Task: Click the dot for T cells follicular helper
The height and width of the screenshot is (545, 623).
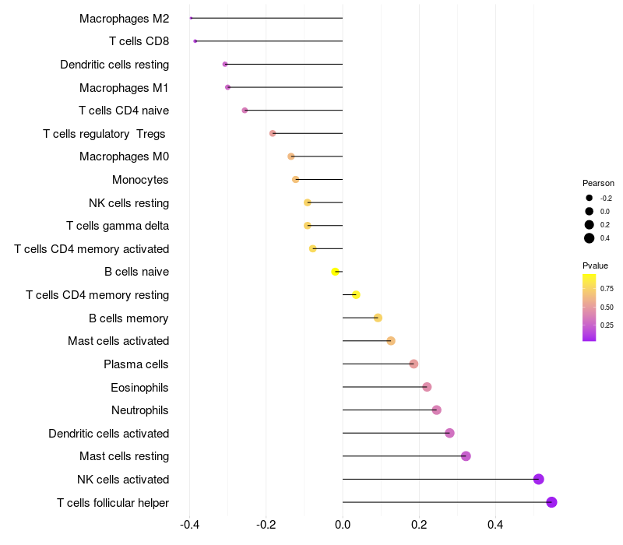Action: click(x=551, y=502)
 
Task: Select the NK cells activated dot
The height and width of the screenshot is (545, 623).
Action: click(x=538, y=479)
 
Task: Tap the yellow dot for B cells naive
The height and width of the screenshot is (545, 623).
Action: click(x=335, y=272)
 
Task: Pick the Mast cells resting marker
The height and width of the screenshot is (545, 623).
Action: click(x=466, y=456)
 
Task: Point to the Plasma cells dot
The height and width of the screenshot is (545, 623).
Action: click(x=414, y=364)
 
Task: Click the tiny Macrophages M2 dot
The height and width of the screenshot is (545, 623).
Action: click(x=191, y=18)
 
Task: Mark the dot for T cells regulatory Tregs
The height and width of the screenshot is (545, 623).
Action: click(x=273, y=133)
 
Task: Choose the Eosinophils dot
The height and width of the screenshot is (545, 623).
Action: click(x=427, y=387)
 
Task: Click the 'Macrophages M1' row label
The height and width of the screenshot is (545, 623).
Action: click(x=124, y=88)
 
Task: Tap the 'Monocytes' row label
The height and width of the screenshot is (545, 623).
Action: click(x=140, y=180)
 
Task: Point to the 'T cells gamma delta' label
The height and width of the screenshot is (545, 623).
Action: click(x=118, y=226)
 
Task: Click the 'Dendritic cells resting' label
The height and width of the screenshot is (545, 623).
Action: click(x=114, y=65)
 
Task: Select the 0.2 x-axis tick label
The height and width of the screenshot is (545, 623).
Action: click(x=419, y=526)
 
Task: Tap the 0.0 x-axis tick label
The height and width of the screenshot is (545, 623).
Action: click(x=343, y=526)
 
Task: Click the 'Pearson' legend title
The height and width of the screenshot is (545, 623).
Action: click(x=598, y=183)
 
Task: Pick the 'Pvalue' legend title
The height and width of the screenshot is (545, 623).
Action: click(x=595, y=265)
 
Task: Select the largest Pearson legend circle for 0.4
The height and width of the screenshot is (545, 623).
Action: click(x=590, y=238)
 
